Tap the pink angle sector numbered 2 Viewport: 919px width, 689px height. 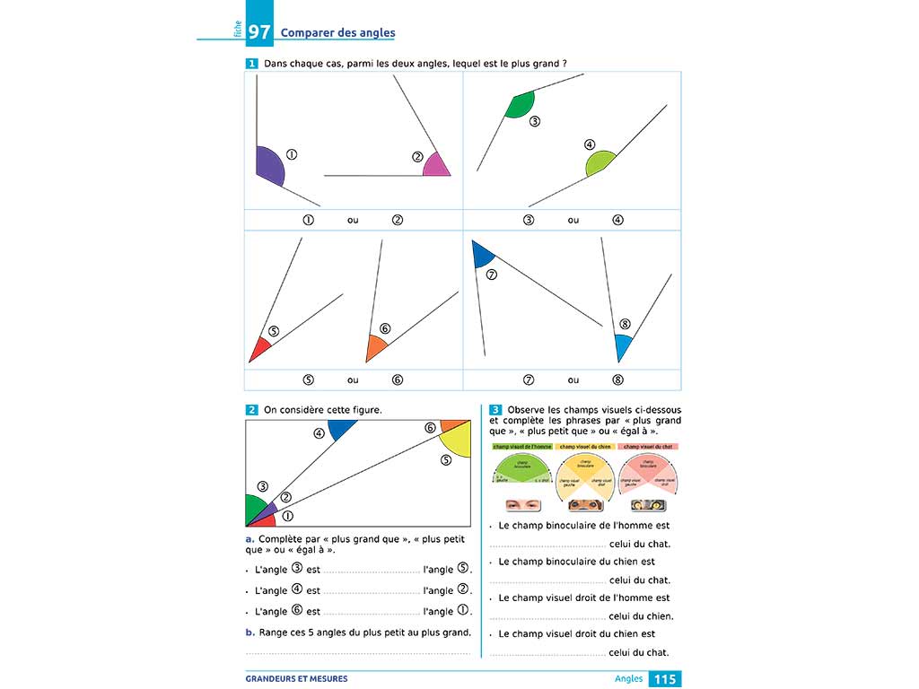435,167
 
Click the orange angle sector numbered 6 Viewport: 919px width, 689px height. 376,346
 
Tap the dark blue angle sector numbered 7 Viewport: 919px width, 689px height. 483,254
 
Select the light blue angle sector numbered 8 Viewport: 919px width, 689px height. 622,344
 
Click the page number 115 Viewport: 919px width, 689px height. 664,679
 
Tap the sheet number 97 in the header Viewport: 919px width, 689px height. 259,33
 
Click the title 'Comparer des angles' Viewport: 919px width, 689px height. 337,33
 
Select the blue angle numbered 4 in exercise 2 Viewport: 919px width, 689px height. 342,428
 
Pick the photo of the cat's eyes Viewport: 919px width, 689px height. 647,504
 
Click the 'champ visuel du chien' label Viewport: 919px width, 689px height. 585,446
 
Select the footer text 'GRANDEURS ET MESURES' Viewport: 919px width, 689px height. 296,679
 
